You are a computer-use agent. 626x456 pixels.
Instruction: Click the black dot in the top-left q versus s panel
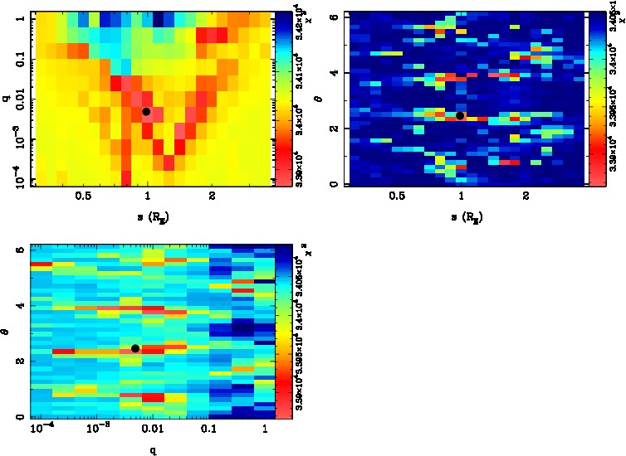pyautogui.click(x=146, y=111)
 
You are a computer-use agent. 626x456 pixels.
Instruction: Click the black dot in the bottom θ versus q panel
pyautogui.click(x=135, y=348)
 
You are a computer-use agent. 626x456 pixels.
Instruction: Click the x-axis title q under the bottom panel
pyautogui.click(x=154, y=450)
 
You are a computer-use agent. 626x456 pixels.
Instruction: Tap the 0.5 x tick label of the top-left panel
pyautogui.click(x=83, y=196)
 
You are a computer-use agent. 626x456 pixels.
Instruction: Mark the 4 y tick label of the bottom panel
pyautogui.click(x=19, y=306)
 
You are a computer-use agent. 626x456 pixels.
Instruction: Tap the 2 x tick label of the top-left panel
pyautogui.click(x=213, y=196)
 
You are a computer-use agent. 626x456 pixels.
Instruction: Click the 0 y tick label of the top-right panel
pyautogui.click(x=333, y=183)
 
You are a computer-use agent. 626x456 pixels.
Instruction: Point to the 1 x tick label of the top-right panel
pyautogui.click(x=462, y=196)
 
